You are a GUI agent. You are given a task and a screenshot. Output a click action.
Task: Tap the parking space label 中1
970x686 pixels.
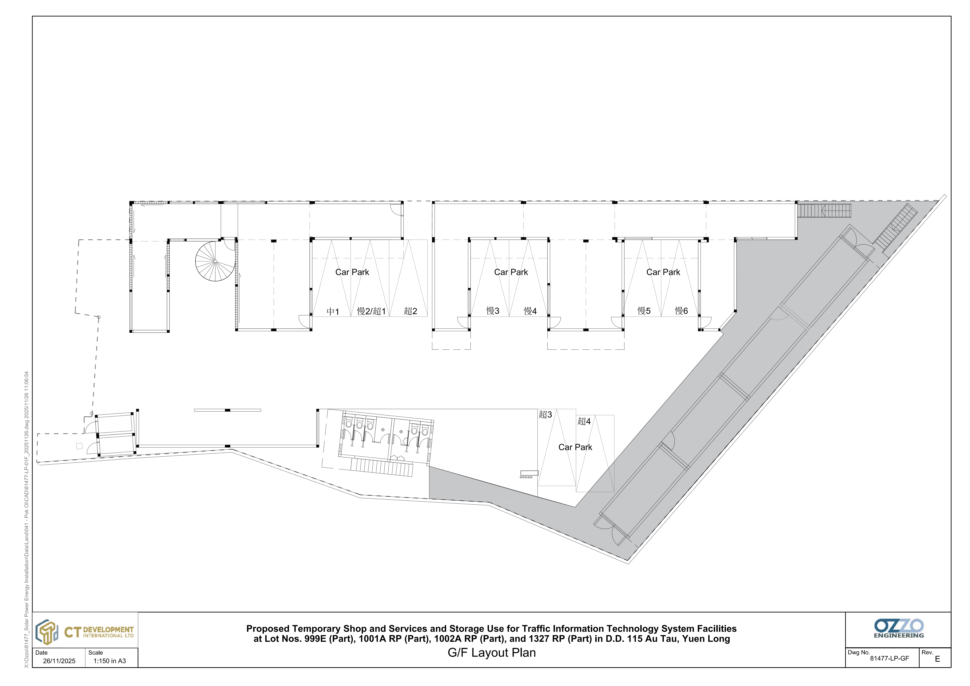333,312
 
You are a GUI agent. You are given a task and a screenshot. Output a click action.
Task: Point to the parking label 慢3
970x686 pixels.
493,311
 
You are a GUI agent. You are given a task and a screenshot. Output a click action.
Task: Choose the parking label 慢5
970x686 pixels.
644,311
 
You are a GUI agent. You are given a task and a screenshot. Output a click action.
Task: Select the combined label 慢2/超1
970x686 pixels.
371,311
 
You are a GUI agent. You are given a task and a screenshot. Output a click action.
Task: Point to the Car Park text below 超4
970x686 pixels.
575,447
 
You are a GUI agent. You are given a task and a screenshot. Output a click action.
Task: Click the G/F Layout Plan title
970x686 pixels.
492,653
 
